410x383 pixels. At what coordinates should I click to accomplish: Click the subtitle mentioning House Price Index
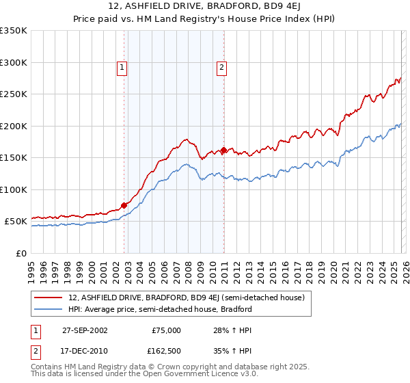205,18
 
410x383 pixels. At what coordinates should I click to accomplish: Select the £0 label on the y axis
20,253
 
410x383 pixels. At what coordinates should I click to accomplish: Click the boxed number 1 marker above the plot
122,67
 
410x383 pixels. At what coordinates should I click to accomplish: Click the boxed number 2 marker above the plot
223,67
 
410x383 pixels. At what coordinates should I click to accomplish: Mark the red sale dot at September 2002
124,205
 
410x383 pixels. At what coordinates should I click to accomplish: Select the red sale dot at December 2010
223,150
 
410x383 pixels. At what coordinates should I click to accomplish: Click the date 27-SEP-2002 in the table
85,330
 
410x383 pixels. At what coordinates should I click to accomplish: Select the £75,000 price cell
166,330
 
